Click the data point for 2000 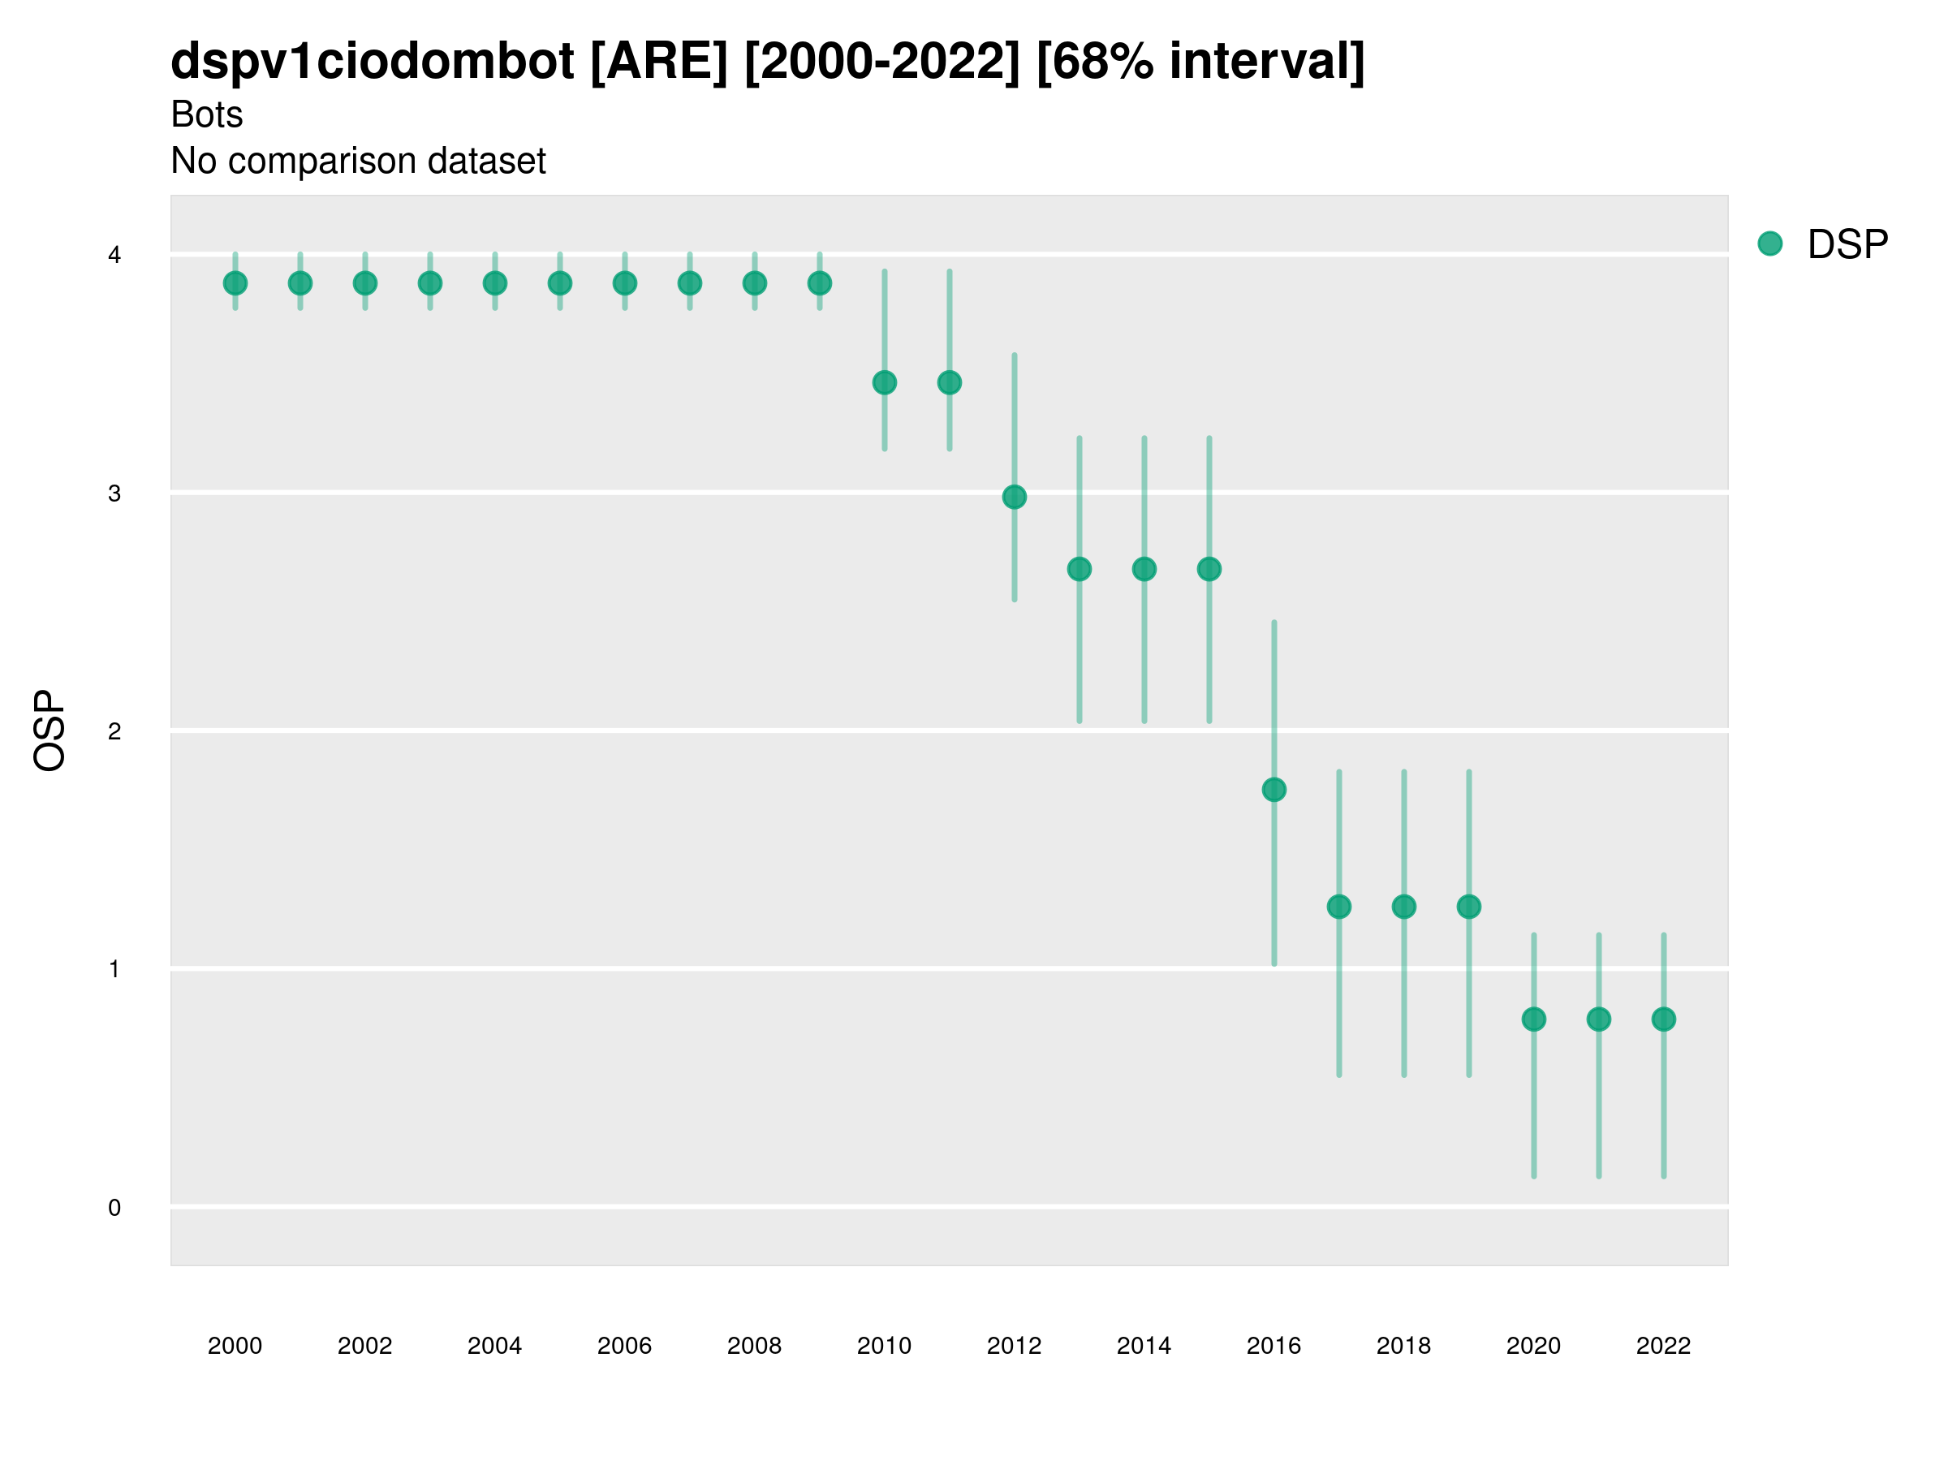[235, 283]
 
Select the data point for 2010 [884, 383]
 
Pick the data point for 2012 [1015, 498]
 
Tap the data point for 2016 [1274, 790]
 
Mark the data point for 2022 [1664, 1019]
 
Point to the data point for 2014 [1144, 570]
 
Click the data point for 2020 [1534, 1019]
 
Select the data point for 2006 [624, 283]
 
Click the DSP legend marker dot [1769, 244]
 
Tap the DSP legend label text [1847, 245]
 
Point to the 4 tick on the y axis [114, 256]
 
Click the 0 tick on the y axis [114, 1209]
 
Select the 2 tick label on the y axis [114, 732]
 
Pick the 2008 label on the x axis [755, 1347]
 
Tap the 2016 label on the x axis [1274, 1347]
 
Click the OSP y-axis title [50, 731]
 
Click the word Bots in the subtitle [207, 114]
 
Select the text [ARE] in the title [659, 62]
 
